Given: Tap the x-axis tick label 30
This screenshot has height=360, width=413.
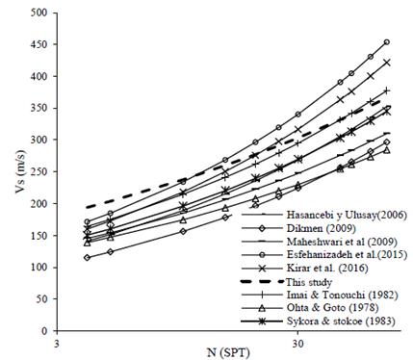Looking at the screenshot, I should (297, 341).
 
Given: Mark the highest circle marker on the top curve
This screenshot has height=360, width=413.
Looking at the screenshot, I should (386, 42).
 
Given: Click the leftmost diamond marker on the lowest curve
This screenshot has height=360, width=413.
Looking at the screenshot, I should (89, 257).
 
